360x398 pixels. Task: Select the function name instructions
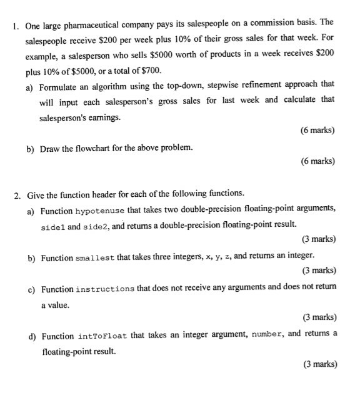(104, 289)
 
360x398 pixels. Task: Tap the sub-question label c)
(31, 289)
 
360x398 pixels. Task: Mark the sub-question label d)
(31, 336)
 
